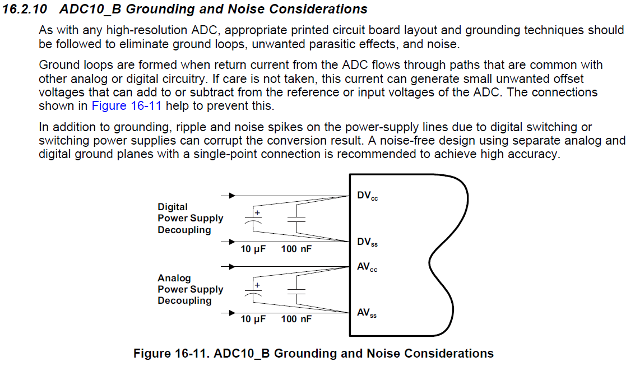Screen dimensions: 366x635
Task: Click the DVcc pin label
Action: click(367, 196)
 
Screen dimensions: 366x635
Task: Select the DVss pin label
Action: click(367, 243)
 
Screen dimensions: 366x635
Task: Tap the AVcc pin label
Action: click(367, 267)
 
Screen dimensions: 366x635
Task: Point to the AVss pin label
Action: click(367, 314)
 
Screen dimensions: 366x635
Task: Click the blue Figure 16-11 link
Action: click(126, 105)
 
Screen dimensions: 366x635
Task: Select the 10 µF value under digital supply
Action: click(253, 248)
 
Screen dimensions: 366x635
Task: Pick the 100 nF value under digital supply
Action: click(296, 248)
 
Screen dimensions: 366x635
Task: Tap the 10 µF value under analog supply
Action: click(253, 319)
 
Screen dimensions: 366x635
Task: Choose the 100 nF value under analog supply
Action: click(296, 319)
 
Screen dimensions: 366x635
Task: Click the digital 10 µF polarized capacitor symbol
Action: click(255, 220)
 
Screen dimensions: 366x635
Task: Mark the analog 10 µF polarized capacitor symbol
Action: click(255, 291)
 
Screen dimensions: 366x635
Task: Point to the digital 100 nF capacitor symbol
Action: click(296, 220)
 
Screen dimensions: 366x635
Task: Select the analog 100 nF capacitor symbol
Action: click(296, 291)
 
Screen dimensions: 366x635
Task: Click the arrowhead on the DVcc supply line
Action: click(232, 196)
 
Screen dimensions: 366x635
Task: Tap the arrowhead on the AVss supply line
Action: click(232, 313)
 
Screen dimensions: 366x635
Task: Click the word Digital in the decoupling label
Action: click(173, 207)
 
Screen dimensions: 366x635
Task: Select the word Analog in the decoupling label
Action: click(174, 278)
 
